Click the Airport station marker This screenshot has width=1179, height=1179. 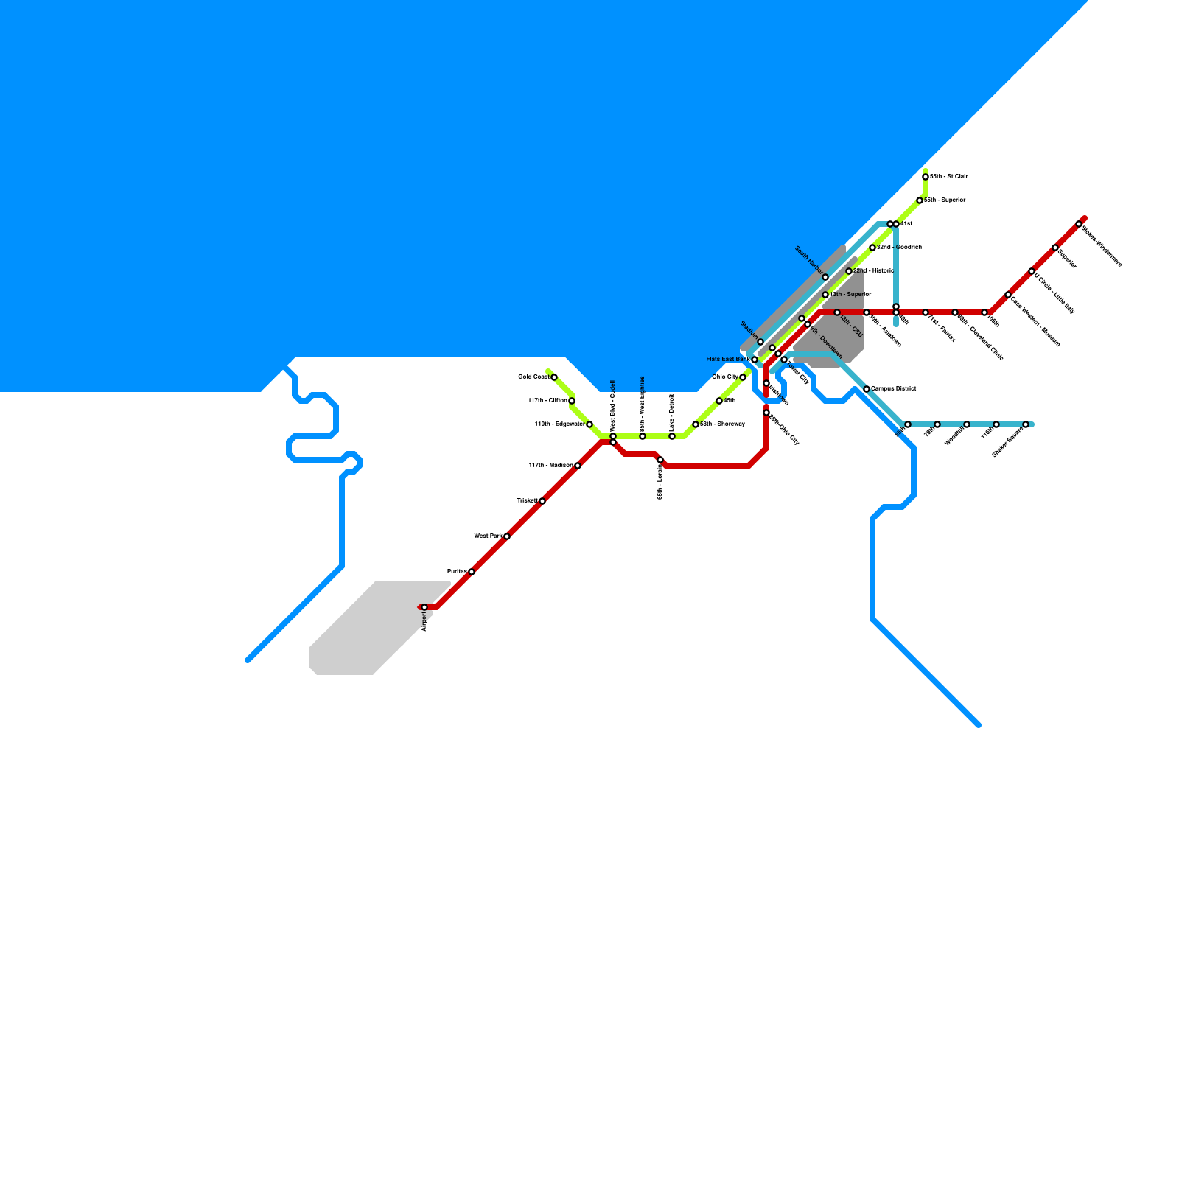coord(424,607)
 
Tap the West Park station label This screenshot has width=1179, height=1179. coord(487,536)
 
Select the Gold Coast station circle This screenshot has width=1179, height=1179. coord(554,377)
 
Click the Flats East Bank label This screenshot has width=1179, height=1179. coord(727,359)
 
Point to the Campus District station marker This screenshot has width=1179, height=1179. coord(867,389)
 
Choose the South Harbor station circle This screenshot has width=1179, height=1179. coord(825,277)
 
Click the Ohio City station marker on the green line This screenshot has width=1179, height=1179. coord(743,377)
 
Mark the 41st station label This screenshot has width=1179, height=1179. coord(906,223)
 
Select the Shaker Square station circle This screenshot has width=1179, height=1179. coord(1026,424)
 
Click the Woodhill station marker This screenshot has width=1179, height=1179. coord(967,424)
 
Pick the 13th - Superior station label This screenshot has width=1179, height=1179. coord(851,294)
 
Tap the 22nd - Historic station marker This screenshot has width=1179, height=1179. coord(849,271)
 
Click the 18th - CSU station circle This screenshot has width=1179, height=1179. coord(837,312)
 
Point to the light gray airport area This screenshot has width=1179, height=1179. coord(368,634)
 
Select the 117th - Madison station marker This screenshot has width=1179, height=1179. coord(578,466)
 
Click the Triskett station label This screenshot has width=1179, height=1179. coord(527,500)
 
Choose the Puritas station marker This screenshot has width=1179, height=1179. coord(472,572)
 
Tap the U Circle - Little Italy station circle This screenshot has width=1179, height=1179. coord(1032,271)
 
